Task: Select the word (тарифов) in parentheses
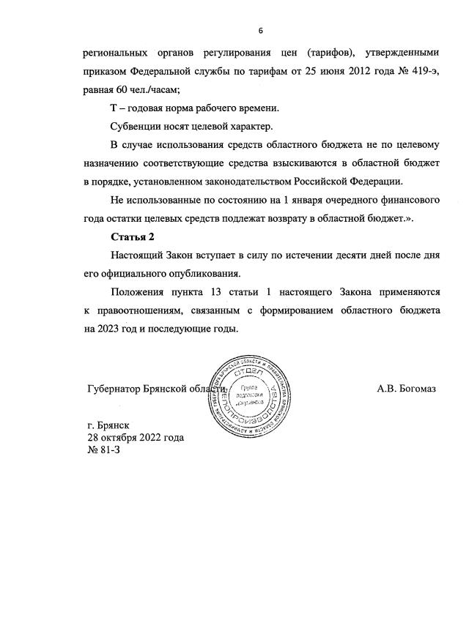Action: pos(312,53)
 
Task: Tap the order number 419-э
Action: pos(422,71)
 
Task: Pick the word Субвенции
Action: pos(138,125)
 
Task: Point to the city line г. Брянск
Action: pos(108,425)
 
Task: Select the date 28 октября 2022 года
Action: pos(136,438)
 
